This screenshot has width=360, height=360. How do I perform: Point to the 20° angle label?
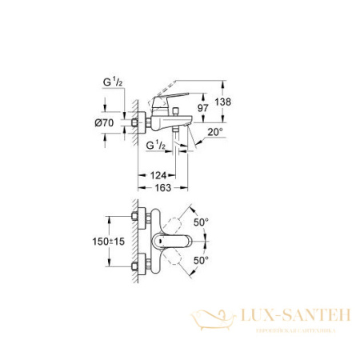(212, 131)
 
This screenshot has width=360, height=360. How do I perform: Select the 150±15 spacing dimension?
(108, 242)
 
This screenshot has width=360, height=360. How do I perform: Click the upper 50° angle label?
(199, 219)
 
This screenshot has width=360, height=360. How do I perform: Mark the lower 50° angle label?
(199, 261)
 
